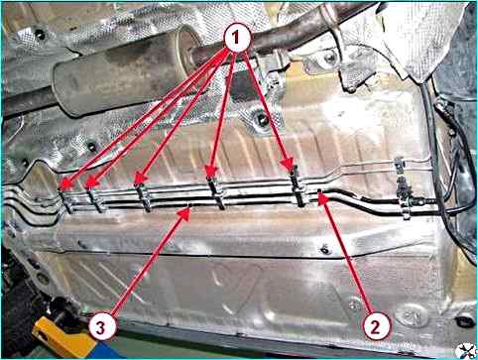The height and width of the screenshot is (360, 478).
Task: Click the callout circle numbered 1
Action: pyautogui.click(x=237, y=39)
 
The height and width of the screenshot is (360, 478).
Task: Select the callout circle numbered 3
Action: pyautogui.click(x=102, y=327)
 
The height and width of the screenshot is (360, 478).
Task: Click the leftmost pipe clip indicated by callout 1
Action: pyautogui.click(x=67, y=200)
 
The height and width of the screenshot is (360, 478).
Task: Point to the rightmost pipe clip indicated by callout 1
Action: pyautogui.click(x=298, y=187)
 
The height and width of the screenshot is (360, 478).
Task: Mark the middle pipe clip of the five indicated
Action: pyautogui.click(x=144, y=197)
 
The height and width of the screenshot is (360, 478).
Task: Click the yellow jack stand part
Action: pyautogui.click(x=62, y=337)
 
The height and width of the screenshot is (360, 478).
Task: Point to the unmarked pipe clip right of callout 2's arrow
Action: pyautogui.click(x=404, y=190)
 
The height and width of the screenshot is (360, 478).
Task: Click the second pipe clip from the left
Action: pyautogui.click(x=95, y=199)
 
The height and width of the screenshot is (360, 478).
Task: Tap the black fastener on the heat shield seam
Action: pyautogui.click(x=325, y=250)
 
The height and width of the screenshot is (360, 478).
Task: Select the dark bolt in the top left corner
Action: pyautogui.click(x=41, y=34)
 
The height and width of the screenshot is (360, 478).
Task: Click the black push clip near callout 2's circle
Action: pyautogui.click(x=465, y=320)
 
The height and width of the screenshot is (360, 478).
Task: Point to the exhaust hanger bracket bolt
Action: pyautogui.click(x=329, y=59)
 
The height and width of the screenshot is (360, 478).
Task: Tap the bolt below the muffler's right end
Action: pyautogui.click(x=263, y=119)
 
